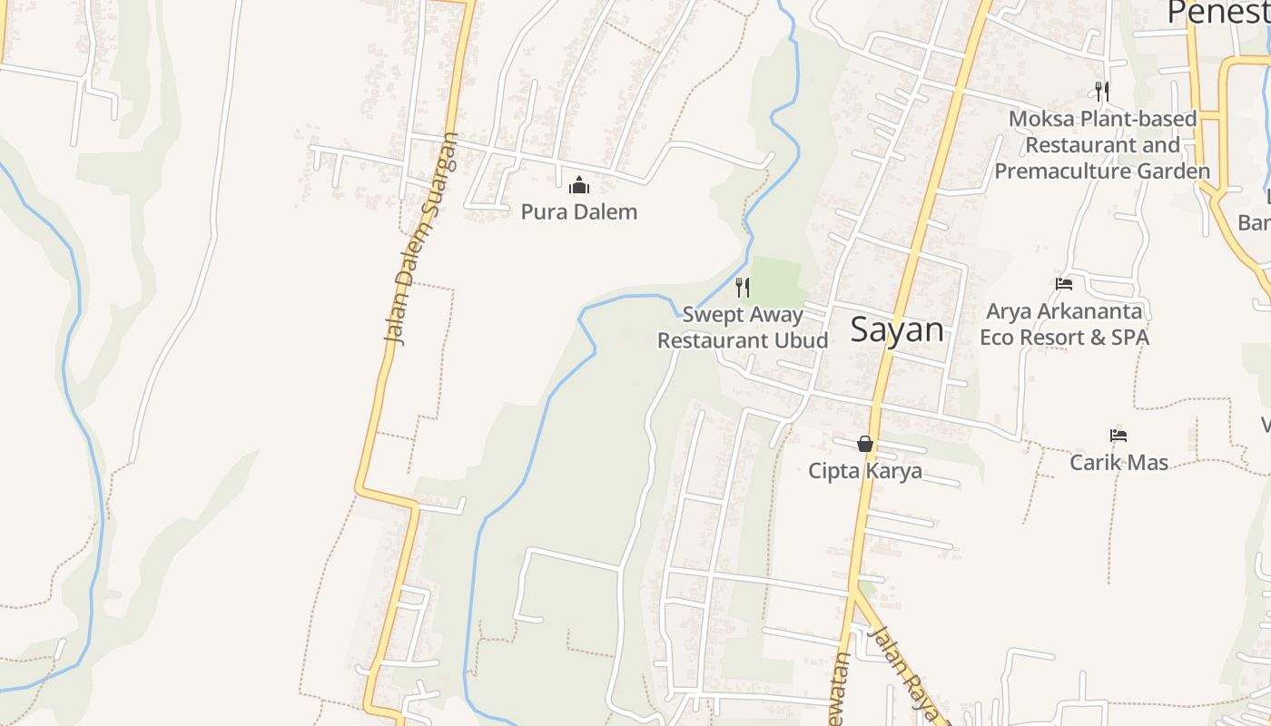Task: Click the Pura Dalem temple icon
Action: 579,186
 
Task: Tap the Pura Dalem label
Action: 579,212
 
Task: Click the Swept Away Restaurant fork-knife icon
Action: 743,288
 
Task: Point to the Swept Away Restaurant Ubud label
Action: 743,328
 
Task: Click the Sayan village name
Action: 897,329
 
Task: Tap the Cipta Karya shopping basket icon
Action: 865,444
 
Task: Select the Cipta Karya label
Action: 865,471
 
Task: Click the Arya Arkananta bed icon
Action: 1064,284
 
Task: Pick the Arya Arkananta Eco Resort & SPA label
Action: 1064,324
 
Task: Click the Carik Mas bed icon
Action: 1118,436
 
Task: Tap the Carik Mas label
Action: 1118,462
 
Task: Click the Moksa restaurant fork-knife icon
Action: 1102,91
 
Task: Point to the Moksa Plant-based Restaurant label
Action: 1102,144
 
